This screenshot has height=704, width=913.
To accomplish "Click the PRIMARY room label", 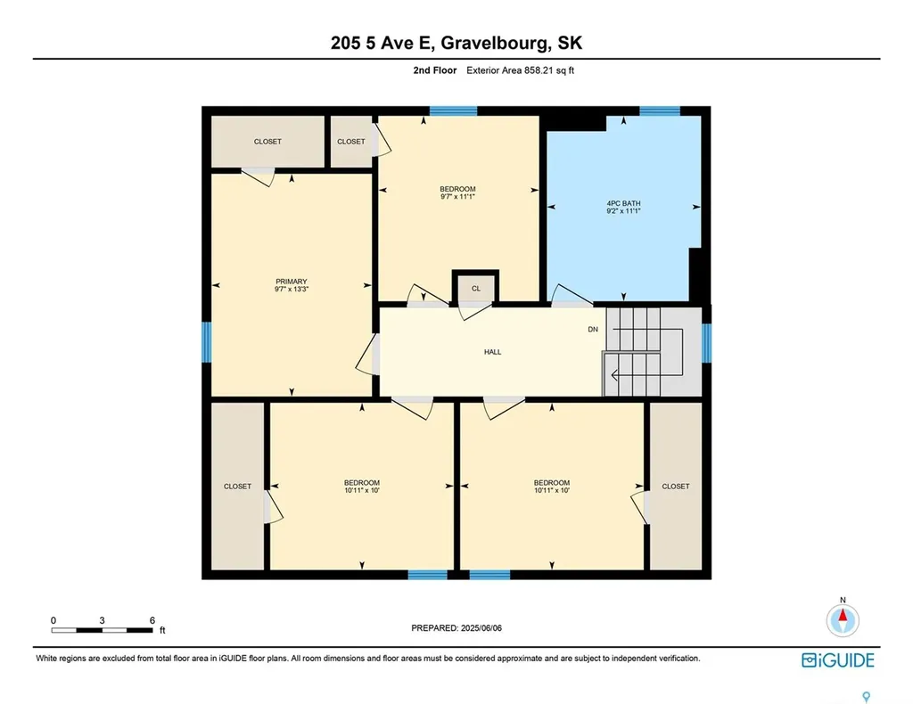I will pyautogui.click(x=291, y=282).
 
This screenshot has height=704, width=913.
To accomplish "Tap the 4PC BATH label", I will pyautogui.click(x=623, y=204).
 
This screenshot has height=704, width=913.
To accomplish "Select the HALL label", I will pyautogui.click(x=492, y=352).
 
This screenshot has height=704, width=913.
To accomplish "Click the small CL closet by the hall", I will pyautogui.click(x=476, y=288).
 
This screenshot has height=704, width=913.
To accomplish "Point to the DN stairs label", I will pyautogui.click(x=593, y=330).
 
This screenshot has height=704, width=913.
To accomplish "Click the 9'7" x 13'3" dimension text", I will pyautogui.click(x=291, y=290).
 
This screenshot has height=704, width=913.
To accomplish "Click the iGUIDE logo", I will pyautogui.click(x=837, y=660).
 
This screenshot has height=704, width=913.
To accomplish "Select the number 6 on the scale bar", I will pyautogui.click(x=152, y=620).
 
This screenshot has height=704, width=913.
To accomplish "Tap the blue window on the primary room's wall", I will pyautogui.click(x=207, y=342).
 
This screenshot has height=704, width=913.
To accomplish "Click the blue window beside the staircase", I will pyautogui.click(x=706, y=343).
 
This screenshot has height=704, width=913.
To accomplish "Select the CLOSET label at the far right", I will pyautogui.click(x=675, y=487).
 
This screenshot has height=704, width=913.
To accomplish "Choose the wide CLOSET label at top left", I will pyautogui.click(x=267, y=142).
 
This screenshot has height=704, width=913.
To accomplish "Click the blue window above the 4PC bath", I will pyautogui.click(x=660, y=111).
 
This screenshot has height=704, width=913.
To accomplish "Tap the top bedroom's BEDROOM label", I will pyautogui.click(x=457, y=189).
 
